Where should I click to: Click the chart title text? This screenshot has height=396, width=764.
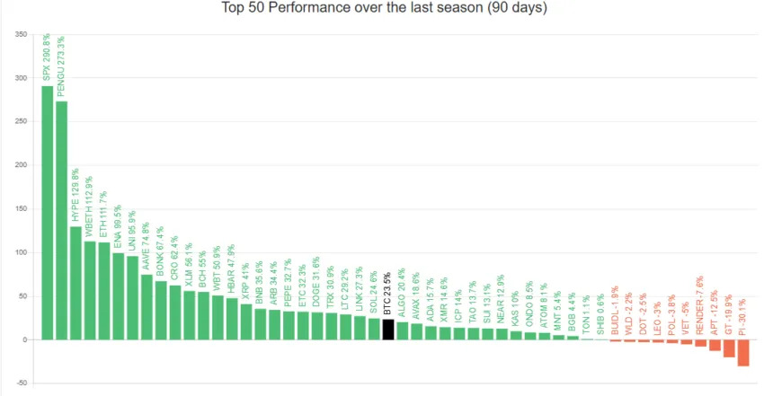click(384, 8)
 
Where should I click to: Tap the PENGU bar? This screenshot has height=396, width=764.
click(61, 220)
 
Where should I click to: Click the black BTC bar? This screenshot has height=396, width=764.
click(387, 330)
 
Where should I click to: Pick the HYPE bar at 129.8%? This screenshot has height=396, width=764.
click(76, 283)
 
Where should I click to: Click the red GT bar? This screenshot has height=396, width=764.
click(729, 348)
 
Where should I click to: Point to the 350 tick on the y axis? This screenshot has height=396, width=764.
click(20, 35)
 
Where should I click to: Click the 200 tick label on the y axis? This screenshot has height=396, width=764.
click(20, 165)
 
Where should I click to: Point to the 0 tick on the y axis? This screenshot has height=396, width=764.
click(24, 339)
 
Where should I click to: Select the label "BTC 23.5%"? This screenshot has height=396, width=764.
click(387, 295)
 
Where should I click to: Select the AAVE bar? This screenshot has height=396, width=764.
click(147, 307)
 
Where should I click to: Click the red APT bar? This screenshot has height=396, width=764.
click(715, 345)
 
